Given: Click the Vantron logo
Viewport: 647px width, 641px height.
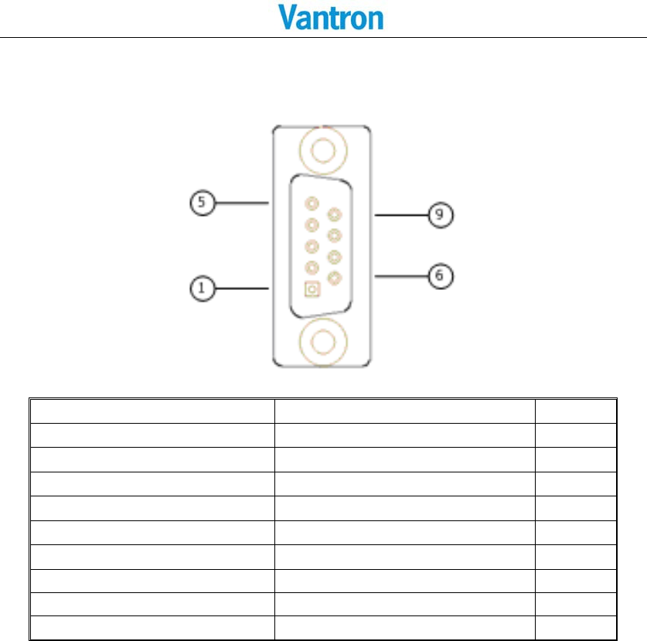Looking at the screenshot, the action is tap(330, 18).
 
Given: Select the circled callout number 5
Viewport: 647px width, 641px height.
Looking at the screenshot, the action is tap(201, 203).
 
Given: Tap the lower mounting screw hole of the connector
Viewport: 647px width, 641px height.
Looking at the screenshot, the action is tap(322, 341).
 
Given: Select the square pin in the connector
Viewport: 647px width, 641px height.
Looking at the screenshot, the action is tap(312, 289).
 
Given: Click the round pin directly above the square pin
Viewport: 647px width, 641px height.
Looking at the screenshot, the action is tap(312, 268).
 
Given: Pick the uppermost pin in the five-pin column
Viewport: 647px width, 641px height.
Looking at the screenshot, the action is tap(312, 204).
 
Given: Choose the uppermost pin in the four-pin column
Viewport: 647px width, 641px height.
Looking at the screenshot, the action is tap(334, 214).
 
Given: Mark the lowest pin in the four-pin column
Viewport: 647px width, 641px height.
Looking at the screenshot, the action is tap(334, 278).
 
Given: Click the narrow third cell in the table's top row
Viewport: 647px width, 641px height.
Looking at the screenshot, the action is tap(575, 411).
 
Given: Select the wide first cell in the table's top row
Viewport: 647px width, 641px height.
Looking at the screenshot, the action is tap(152, 411).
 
